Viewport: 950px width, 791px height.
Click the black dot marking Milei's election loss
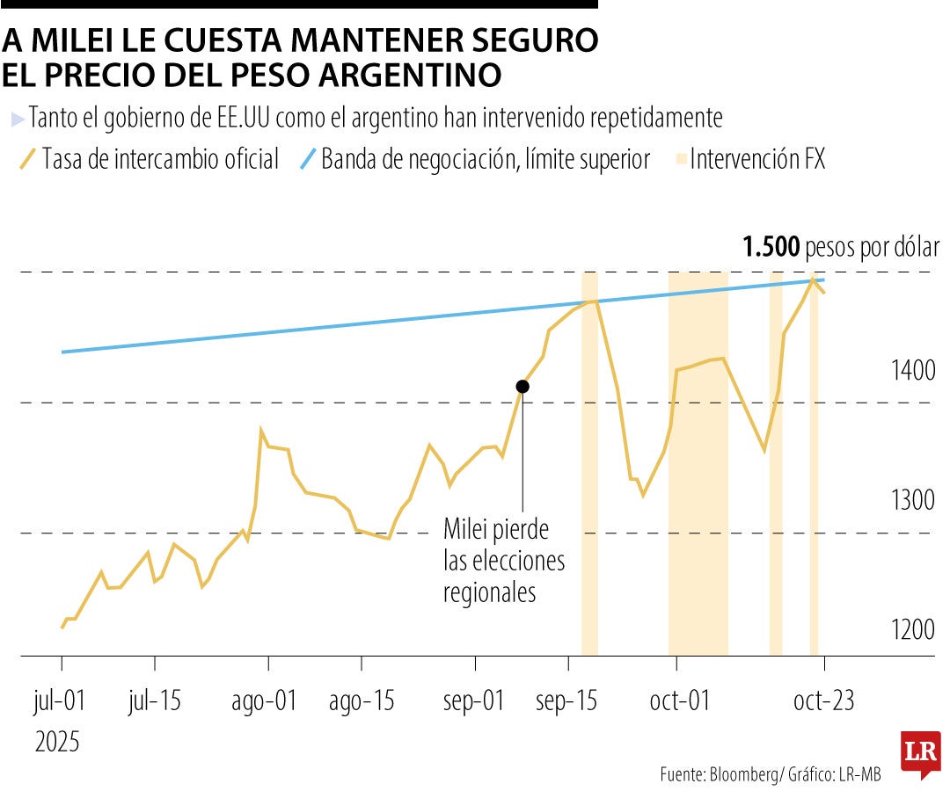point(522,386)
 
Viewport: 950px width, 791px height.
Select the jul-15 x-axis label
point(155,701)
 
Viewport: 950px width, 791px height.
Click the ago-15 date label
point(362,701)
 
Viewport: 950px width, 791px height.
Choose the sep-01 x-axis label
point(475,701)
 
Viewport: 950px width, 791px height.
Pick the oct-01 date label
point(680,701)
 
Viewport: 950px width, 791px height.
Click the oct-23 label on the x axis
point(823,701)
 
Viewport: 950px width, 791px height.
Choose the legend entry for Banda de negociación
point(484,159)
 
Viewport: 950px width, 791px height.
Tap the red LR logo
point(920,754)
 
